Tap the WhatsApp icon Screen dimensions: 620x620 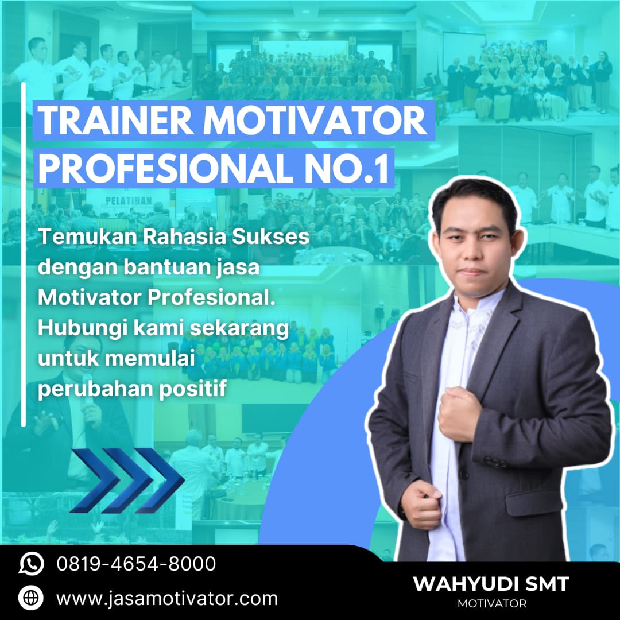[31, 564]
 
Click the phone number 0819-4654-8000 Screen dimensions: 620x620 [136, 564]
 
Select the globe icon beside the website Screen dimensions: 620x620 [31, 598]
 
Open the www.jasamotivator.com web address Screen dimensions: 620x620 [167, 599]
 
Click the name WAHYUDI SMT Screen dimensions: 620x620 [491, 584]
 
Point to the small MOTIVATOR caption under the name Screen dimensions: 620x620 [492, 604]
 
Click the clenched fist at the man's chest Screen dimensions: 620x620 [459, 414]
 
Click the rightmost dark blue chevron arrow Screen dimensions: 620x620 [160, 480]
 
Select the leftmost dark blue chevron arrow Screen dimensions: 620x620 [95, 480]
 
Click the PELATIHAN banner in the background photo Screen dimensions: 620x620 [129, 201]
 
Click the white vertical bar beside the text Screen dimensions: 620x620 [24, 254]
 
